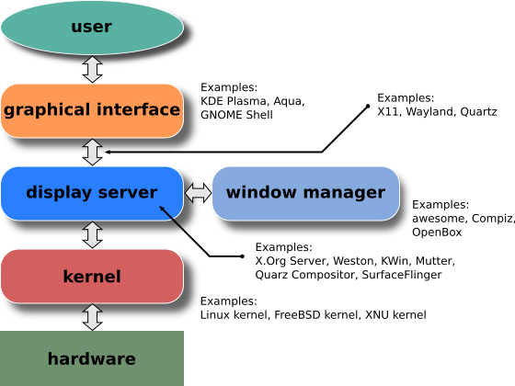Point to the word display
coord(58,193)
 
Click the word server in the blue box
coord(126,193)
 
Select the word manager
coord(344,193)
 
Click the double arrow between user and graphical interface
coord(92,69)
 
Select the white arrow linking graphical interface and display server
coord(92,152)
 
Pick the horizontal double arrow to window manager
coord(198,193)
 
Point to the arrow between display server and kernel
coord(92,234)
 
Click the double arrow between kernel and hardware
coord(92,317)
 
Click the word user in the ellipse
coord(91,27)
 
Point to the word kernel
coord(92,276)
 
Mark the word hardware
coord(92,359)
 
